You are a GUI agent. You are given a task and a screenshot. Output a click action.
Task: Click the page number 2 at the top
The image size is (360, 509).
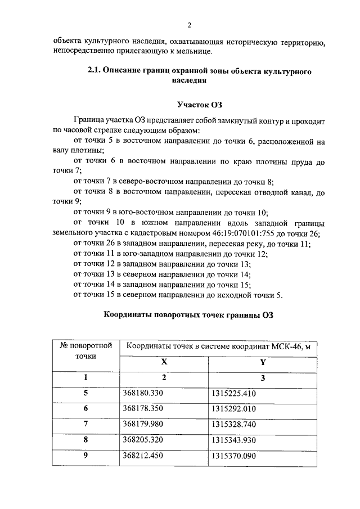190,25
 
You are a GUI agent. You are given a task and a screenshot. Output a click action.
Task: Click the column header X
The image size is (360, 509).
164,363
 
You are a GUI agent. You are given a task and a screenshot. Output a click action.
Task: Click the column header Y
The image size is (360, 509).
263,363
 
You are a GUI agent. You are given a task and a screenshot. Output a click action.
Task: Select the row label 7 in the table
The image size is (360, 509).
86,424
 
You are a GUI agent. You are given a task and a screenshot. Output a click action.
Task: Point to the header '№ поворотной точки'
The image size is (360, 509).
86,350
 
